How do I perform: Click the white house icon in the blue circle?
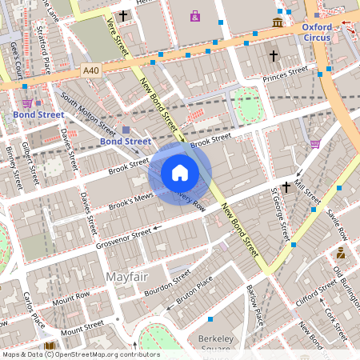coord(180,172)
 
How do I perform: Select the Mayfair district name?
coord(127,277)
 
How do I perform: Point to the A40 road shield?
coord(91,71)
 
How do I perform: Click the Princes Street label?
coord(286,74)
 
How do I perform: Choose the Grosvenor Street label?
coord(124,235)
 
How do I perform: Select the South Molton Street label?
coord(87,113)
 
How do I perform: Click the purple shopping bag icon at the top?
coord(195,15)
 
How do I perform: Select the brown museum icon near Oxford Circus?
coord(277,22)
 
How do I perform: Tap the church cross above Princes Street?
coord(273,56)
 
